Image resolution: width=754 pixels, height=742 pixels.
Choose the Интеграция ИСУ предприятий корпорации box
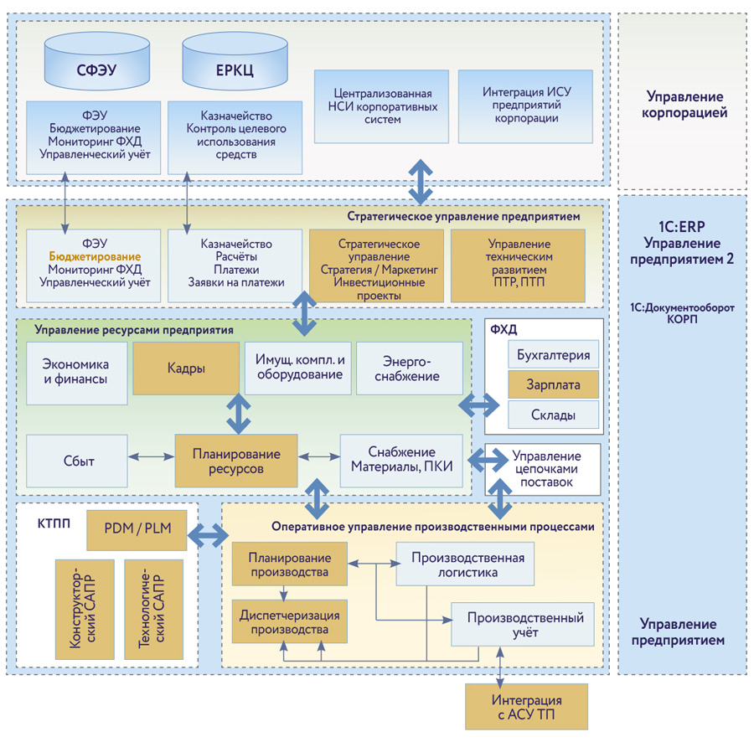tap(520, 106)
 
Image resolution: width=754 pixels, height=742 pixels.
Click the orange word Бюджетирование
tap(94, 256)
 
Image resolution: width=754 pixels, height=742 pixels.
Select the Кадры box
tap(186, 368)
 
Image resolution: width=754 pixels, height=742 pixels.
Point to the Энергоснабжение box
tap(409, 368)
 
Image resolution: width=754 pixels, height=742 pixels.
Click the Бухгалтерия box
tap(553, 354)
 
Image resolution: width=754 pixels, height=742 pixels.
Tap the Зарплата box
tap(553, 384)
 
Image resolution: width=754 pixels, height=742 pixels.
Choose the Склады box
tap(553, 415)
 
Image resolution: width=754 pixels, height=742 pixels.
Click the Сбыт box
tap(78, 461)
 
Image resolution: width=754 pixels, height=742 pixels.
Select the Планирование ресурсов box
tap(236, 461)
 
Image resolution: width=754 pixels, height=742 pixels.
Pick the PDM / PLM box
tap(137, 529)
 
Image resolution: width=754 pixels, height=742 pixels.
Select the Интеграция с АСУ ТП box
tap(526, 707)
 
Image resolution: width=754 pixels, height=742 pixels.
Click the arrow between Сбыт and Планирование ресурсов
tap(151, 457)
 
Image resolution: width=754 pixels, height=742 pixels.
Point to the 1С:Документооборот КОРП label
tap(681, 314)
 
